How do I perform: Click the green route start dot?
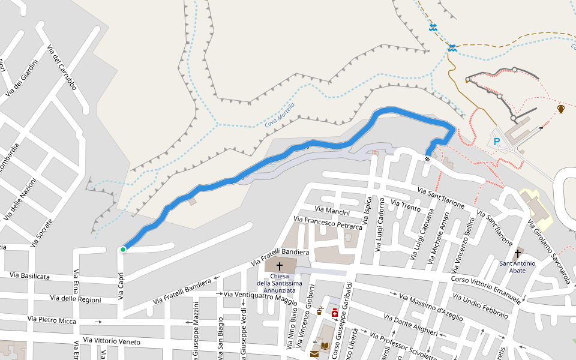[x=123, y=250]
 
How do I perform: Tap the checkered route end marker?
[x=427, y=159]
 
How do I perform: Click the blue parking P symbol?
[x=496, y=142]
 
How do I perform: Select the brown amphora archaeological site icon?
[x=561, y=109]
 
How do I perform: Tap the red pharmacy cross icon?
[x=335, y=312]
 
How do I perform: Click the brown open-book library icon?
[x=325, y=346]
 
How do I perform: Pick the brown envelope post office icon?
[x=314, y=355]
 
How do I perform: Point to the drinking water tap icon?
[x=320, y=311]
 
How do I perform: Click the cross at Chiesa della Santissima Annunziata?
[x=280, y=266]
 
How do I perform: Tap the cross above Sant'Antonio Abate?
[x=517, y=254]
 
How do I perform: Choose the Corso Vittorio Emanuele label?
[x=486, y=289]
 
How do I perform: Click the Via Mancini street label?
[x=332, y=211]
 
